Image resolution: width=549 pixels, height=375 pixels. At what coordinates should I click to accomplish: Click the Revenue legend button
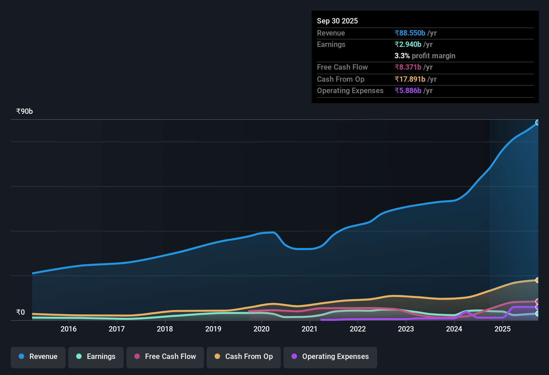tap(38, 357)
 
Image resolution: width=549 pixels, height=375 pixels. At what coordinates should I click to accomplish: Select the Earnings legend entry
tap(96, 357)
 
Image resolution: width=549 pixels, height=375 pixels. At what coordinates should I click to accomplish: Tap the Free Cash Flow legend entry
tap(165, 357)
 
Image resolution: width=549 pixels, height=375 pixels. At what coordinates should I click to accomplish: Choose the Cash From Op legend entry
tap(244, 357)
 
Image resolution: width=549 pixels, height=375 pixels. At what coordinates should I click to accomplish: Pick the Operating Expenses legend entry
tap(330, 357)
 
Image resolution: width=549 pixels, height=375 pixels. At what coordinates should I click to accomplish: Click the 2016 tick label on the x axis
tap(69, 329)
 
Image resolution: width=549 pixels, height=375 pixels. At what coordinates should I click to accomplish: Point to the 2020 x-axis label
tap(261, 329)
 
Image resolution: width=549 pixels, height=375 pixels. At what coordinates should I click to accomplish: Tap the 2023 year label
tap(406, 329)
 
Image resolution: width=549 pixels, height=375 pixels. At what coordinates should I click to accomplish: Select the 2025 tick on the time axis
tap(503, 329)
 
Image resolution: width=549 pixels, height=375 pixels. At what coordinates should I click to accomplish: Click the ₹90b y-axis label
tap(25, 111)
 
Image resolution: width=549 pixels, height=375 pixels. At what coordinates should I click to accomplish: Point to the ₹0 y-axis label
tap(21, 312)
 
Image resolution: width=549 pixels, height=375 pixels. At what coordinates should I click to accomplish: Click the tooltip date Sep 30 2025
tap(337, 21)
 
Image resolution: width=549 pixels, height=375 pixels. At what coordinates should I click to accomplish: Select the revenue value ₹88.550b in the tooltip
tap(410, 33)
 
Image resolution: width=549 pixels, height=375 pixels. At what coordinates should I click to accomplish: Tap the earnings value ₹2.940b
tap(408, 45)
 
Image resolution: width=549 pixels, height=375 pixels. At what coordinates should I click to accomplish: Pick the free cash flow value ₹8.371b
tap(408, 67)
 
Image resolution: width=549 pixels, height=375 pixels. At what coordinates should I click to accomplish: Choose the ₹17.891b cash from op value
tap(410, 79)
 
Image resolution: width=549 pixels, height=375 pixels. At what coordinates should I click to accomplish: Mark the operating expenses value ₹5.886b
tap(408, 91)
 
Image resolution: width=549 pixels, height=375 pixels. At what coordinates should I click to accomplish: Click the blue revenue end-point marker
tap(538, 123)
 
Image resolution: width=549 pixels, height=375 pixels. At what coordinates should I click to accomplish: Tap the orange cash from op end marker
tap(538, 280)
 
